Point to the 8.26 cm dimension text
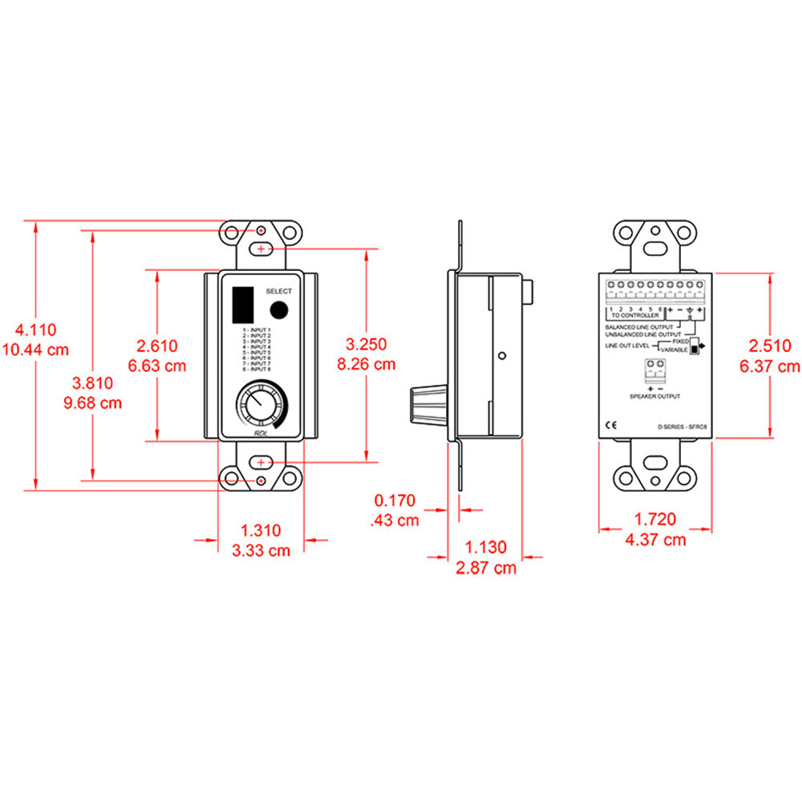coord(366,363)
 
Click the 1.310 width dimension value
coord(261,530)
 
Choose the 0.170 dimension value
coord(395,501)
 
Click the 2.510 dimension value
coord(773,346)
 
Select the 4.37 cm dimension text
coord(655,540)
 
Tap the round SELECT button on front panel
coord(278,310)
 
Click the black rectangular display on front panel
coord(241,304)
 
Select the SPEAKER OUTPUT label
coord(655,396)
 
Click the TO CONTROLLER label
coord(635,316)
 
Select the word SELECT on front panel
coord(278,291)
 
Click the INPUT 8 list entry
coord(257,369)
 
